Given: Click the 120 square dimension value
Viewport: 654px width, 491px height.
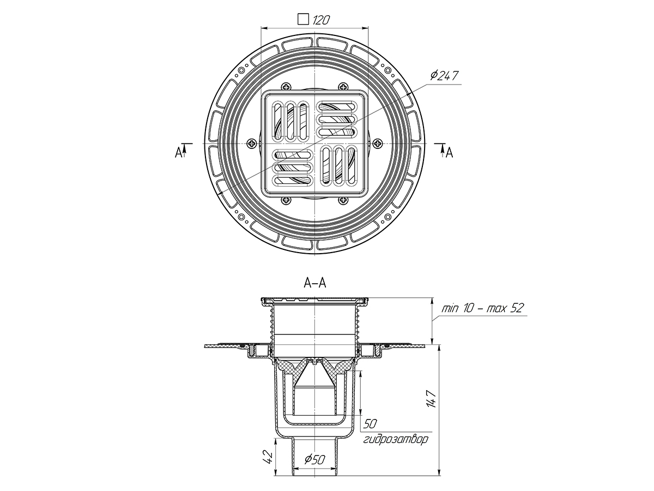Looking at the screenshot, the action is (321, 20).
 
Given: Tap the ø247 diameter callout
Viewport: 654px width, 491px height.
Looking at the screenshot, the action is (444, 76).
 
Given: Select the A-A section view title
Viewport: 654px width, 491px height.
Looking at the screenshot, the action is (315, 283).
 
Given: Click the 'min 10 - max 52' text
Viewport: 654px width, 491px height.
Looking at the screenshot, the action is (482, 308).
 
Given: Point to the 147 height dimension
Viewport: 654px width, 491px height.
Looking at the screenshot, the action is (432, 399).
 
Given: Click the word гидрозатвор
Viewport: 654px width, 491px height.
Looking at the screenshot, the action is (396, 439).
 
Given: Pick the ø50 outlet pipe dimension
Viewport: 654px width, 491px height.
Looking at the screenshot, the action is (315, 459).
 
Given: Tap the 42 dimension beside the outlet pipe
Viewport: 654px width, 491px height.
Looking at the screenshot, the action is (269, 457).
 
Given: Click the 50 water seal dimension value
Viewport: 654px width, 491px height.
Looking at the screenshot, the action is (371, 424).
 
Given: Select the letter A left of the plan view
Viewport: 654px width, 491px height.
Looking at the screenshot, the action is (178, 153).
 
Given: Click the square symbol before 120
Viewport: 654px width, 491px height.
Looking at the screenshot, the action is (304, 20).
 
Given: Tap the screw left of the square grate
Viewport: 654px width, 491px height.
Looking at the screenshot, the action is (253, 143).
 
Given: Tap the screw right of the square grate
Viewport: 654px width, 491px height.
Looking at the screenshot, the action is (378, 143).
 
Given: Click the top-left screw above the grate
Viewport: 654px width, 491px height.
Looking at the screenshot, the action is (286, 87).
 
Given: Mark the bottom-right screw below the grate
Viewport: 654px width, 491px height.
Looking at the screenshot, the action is (343, 200).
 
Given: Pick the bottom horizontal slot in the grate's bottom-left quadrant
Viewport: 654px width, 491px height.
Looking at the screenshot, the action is (293, 180).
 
